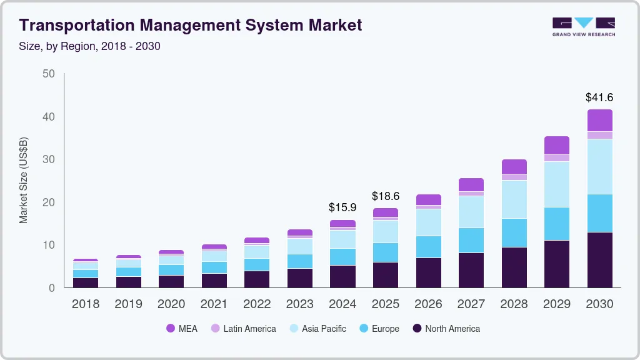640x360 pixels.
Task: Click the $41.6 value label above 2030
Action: point(599,97)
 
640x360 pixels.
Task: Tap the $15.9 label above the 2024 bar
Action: point(342,207)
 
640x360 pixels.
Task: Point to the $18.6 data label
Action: point(386,196)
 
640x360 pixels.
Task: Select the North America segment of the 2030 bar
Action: point(599,260)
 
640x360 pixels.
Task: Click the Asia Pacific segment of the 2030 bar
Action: point(599,166)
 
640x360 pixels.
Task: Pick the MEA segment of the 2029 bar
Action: point(557,145)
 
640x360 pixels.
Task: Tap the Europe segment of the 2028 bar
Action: point(514,232)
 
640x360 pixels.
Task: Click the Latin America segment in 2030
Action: point(599,135)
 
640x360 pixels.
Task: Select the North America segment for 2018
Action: point(86,282)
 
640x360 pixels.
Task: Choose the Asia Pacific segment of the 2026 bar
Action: point(428,222)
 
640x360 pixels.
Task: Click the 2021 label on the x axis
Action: point(214,304)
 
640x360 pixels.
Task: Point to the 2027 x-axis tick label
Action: point(471,304)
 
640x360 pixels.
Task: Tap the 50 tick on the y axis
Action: point(48,74)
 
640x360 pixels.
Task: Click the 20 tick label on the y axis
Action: point(48,202)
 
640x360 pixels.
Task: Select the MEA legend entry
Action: point(182,329)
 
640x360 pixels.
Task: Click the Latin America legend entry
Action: point(244,329)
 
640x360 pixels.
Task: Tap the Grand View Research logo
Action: point(583,27)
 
